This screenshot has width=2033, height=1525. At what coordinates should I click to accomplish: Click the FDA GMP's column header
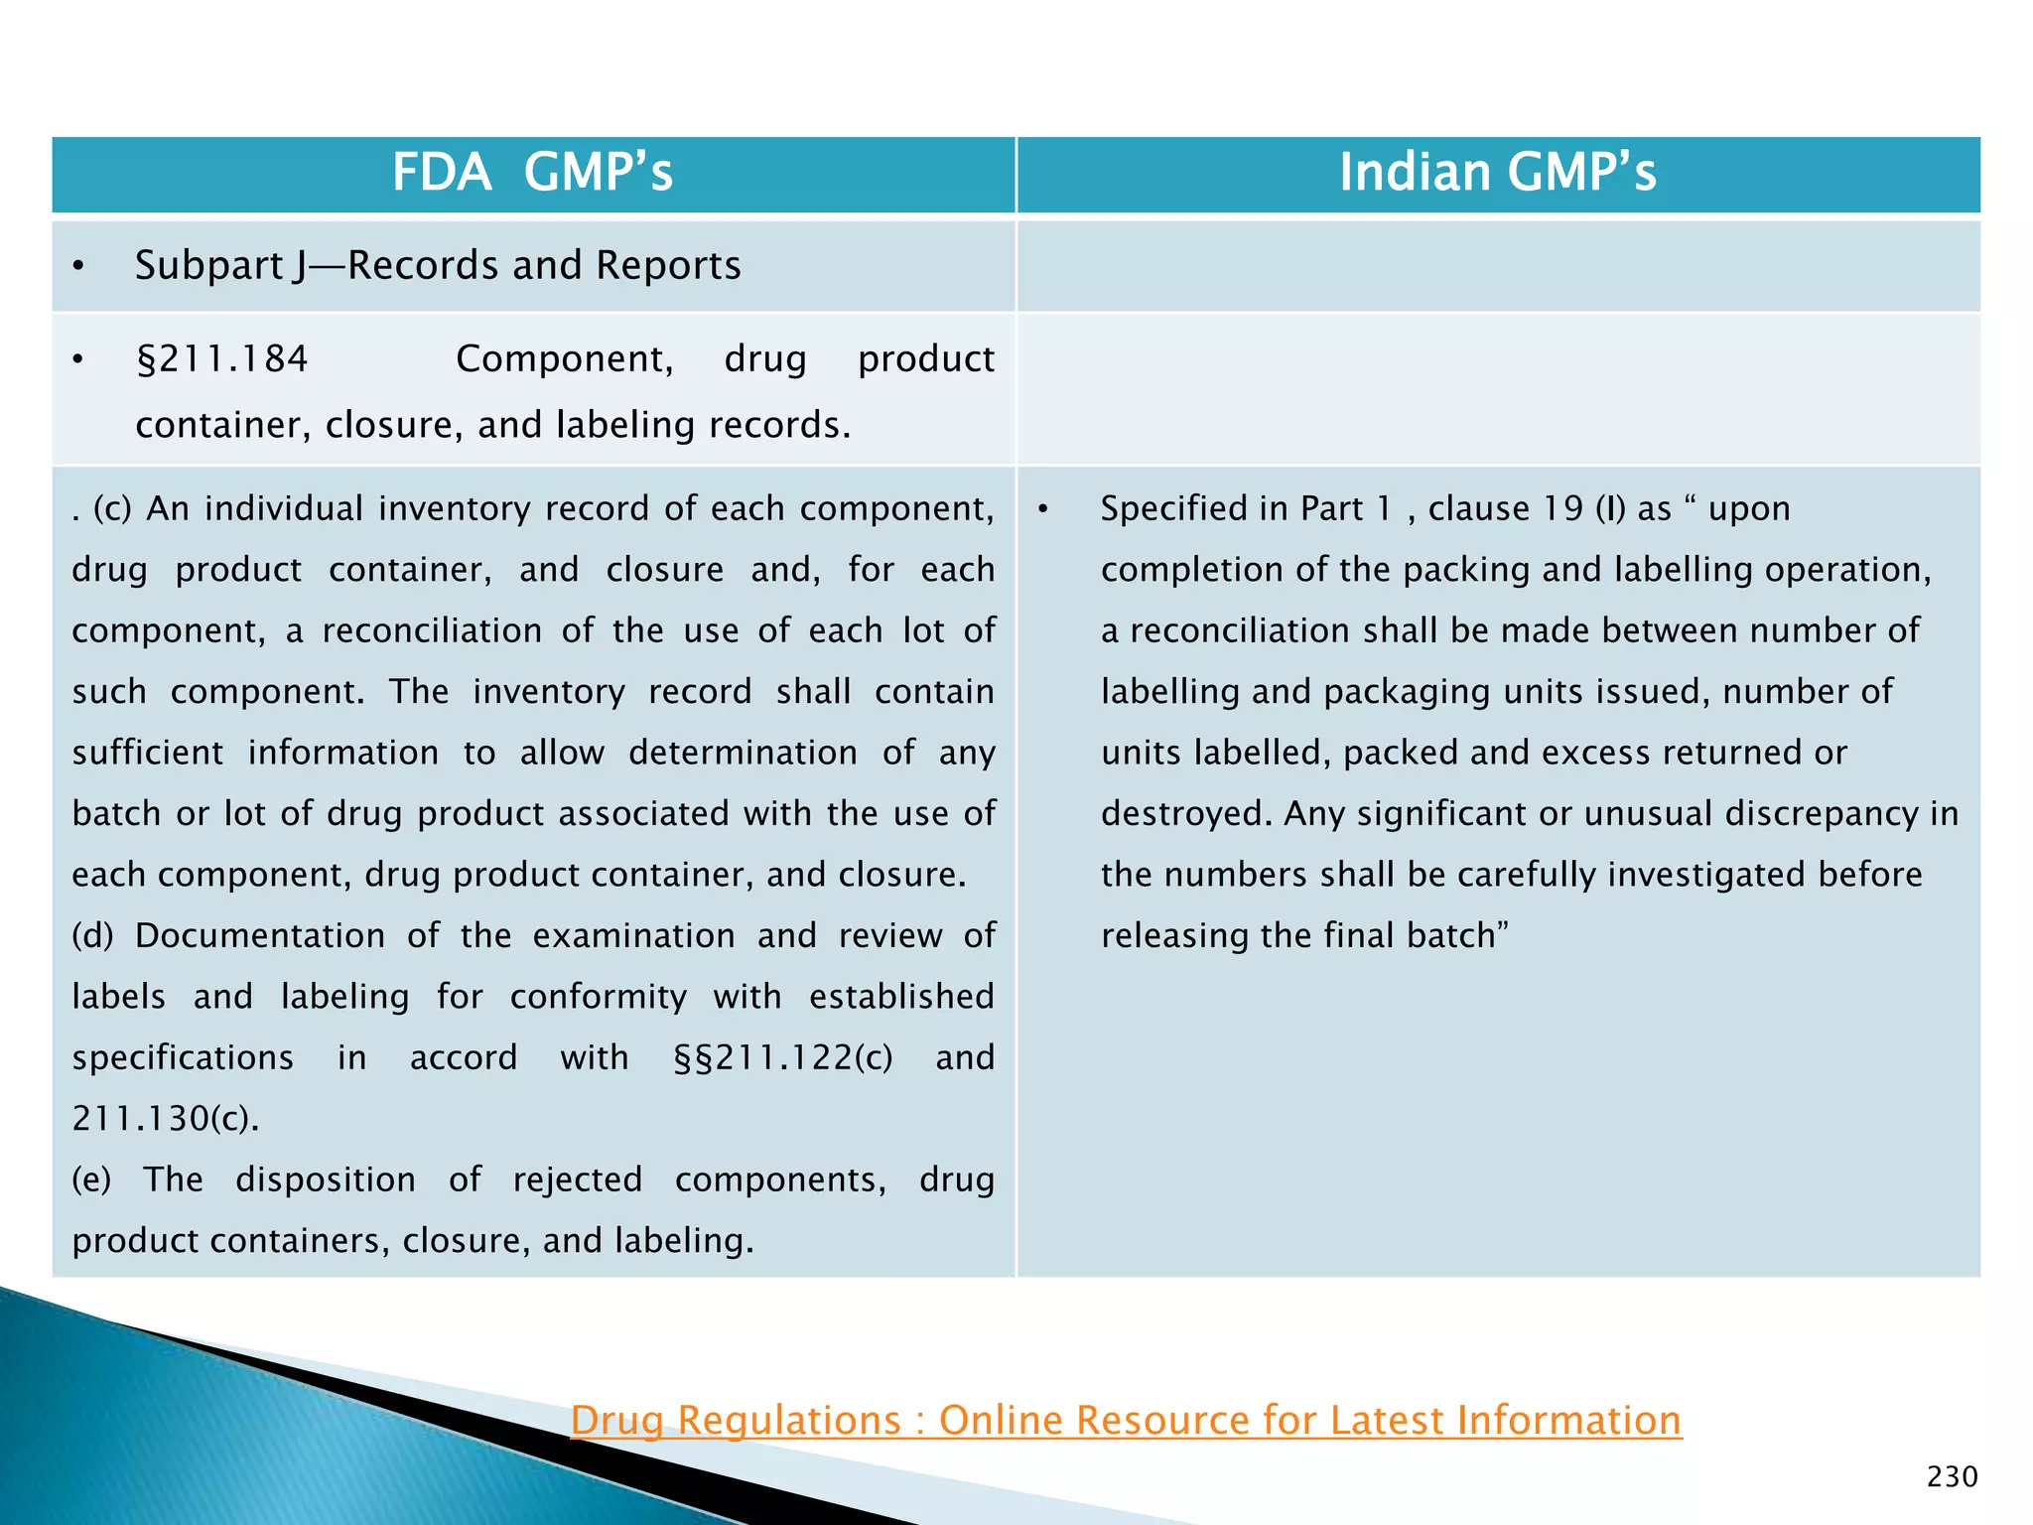tap(532, 172)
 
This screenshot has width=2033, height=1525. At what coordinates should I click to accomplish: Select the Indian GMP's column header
tap(1497, 172)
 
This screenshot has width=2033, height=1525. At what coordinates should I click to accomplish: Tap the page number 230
tap(1952, 1477)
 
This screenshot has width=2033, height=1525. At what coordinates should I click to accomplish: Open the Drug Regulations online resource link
tap(1126, 1420)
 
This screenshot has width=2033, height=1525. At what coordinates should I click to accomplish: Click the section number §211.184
tap(222, 358)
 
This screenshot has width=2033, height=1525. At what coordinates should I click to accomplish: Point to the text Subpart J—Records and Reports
tap(438, 265)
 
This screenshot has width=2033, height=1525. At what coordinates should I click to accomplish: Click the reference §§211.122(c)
tap(783, 1057)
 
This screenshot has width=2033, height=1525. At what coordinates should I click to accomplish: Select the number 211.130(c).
tap(165, 1119)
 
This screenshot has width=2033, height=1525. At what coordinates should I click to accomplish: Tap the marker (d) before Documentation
tap(93, 935)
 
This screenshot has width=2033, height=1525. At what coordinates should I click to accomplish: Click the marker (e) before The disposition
tap(91, 1179)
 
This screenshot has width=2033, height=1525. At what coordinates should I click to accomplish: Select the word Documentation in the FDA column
tap(260, 935)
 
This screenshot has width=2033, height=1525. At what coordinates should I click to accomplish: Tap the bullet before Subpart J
tap(78, 266)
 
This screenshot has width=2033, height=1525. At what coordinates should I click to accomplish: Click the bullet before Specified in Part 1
tap(1043, 509)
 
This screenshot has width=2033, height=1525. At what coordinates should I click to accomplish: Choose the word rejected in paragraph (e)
tap(578, 1179)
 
